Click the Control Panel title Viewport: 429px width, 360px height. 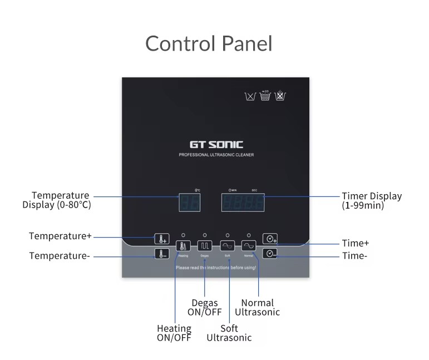(x=209, y=43)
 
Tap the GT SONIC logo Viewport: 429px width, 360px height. (x=216, y=144)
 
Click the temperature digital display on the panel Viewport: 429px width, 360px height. (x=189, y=203)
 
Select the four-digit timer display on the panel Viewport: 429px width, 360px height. (x=243, y=203)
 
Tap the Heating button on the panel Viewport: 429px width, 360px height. (x=183, y=246)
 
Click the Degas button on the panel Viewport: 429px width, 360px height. (x=205, y=246)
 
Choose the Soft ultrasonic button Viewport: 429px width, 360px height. (x=227, y=246)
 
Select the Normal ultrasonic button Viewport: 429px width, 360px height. (x=249, y=246)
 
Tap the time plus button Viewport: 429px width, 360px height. (x=270, y=239)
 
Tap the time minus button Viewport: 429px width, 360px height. (x=270, y=254)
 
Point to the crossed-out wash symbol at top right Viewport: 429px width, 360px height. (x=280, y=96)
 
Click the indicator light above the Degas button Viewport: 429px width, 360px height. (x=205, y=235)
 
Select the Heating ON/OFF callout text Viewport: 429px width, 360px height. (x=174, y=333)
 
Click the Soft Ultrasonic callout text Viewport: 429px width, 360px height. (x=229, y=333)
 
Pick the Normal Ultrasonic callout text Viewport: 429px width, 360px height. (x=257, y=307)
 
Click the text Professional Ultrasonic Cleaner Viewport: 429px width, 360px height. (x=216, y=155)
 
